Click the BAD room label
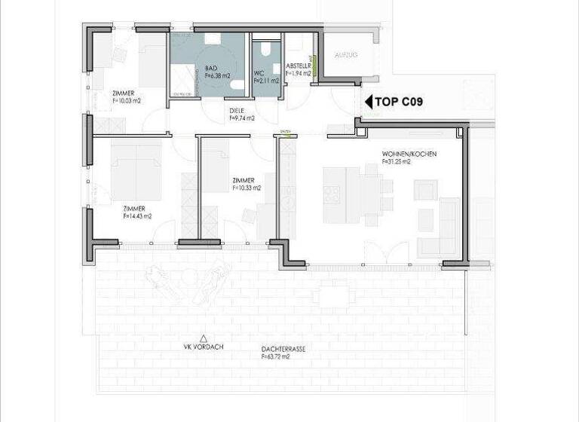210,68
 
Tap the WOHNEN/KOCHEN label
409,154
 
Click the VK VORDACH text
203,347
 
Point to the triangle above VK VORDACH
203,338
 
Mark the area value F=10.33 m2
245,188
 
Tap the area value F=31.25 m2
397,161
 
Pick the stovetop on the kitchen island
332,194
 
